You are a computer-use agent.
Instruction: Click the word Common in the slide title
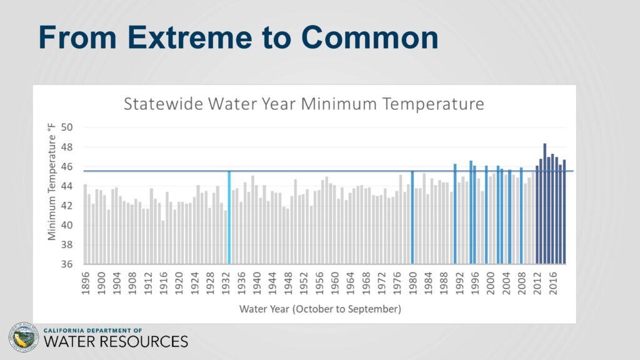point(369,37)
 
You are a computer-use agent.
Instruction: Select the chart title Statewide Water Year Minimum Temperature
point(304,104)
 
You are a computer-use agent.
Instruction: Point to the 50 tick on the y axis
point(67,127)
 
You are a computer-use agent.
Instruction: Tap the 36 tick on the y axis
point(67,264)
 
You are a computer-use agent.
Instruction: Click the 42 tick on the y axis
point(67,206)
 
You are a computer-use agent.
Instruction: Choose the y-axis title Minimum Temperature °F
point(51,182)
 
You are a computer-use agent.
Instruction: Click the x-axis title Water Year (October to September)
point(321,309)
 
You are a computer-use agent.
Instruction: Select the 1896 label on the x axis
point(85,283)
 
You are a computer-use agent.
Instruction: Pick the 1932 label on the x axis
point(226,283)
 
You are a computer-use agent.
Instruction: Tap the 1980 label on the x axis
point(412,283)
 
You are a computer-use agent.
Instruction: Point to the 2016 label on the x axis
point(553,283)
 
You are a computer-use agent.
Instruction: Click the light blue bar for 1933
point(229,217)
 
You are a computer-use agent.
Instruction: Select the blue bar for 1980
point(412,217)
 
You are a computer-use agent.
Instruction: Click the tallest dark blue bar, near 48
point(545,204)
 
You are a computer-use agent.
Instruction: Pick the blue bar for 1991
point(455,214)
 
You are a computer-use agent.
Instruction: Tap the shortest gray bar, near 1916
point(163,242)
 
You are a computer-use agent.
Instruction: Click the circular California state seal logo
point(24,337)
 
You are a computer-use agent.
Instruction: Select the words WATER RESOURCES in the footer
point(116,342)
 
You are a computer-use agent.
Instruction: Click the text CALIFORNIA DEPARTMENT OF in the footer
point(92,330)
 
